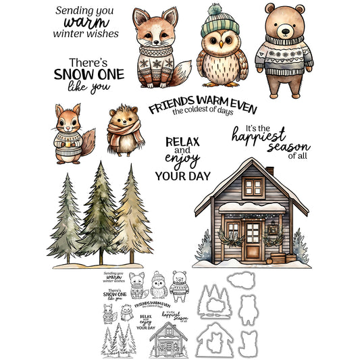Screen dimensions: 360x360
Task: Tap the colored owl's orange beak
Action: coord(220,45)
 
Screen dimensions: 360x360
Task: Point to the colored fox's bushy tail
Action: coord(182,73)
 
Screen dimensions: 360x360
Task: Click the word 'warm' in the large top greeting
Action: coord(83,21)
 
